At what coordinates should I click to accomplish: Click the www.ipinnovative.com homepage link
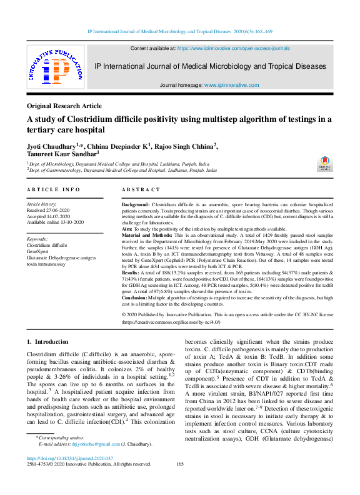pyautogui.click(x=231, y=84)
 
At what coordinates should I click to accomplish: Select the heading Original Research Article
pyautogui.click(x=64, y=106)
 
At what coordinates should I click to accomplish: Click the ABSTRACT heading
pyautogui.click(x=140, y=189)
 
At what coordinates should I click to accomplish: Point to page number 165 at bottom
pyautogui.click(x=180, y=481)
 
